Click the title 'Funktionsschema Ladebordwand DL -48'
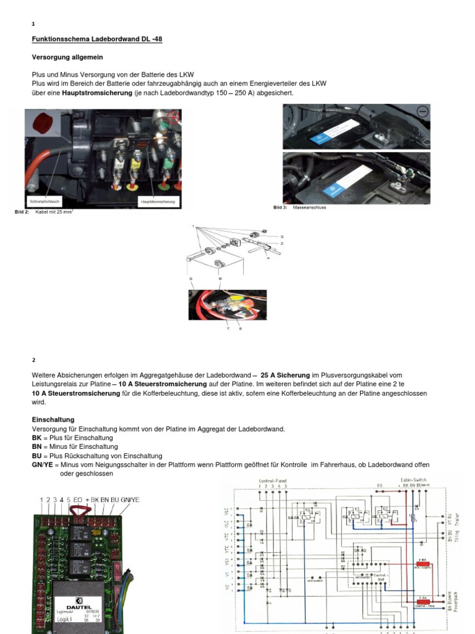point(97,39)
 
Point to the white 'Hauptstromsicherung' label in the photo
point(158,201)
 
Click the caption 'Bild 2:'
point(22,212)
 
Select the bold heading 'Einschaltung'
point(53,420)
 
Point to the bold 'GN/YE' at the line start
point(42,465)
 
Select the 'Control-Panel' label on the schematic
point(272,480)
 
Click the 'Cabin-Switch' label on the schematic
point(398,480)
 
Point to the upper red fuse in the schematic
point(424,563)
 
